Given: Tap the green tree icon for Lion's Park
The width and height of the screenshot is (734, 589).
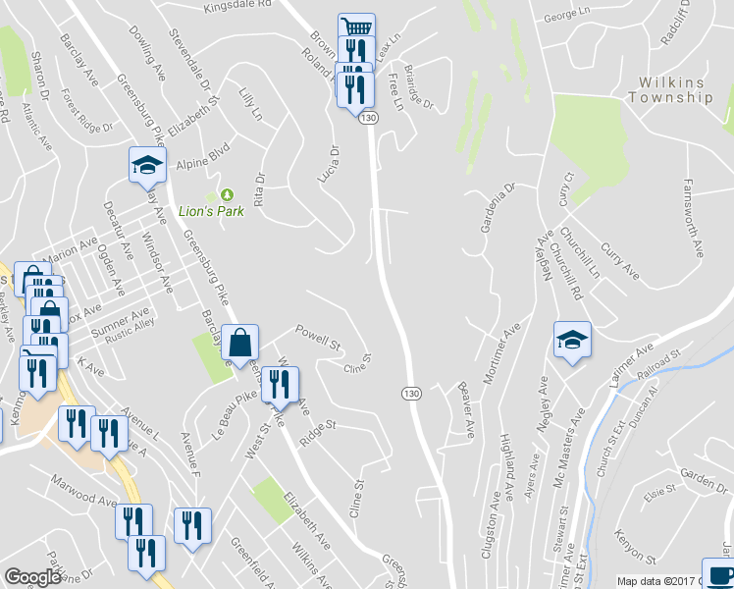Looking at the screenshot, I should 229,194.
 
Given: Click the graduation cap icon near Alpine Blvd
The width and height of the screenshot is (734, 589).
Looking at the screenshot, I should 147,164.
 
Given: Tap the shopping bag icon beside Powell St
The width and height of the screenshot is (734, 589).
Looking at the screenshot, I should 240,343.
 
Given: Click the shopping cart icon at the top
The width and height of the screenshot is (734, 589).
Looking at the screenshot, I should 355,27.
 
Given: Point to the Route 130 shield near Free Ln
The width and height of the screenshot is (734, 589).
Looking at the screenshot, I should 368,118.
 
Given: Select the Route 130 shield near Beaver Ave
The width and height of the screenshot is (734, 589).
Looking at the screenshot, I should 411,393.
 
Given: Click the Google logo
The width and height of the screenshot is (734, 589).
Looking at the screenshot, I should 33,577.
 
